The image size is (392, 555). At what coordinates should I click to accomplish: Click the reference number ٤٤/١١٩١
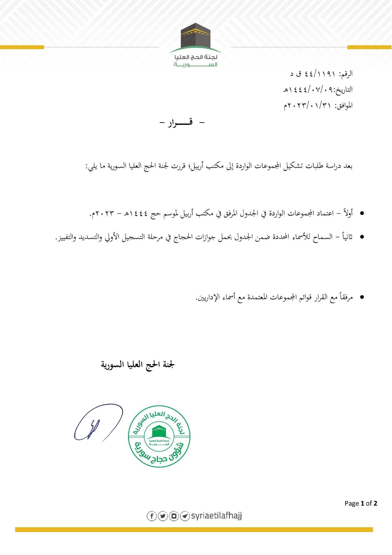coord(321,74)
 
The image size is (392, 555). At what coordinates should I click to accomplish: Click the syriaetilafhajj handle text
coord(216,516)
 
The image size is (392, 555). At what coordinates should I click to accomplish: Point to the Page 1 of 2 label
coord(361,503)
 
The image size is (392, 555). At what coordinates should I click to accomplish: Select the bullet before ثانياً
coord(361,237)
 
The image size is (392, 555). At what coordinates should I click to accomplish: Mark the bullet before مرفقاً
coord(361,297)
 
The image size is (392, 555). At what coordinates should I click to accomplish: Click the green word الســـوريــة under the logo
coord(195,65)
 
